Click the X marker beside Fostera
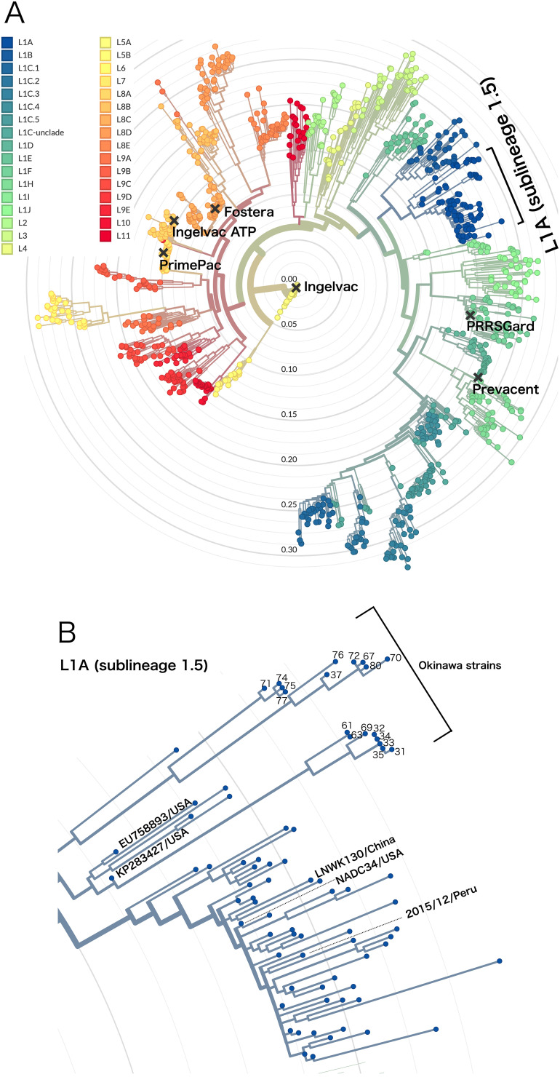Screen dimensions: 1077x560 point(215,210)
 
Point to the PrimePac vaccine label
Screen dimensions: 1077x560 point(189,266)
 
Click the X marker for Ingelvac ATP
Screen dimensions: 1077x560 point(174,220)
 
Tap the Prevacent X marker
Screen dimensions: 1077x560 point(478,377)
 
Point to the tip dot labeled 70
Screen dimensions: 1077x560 point(388,659)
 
